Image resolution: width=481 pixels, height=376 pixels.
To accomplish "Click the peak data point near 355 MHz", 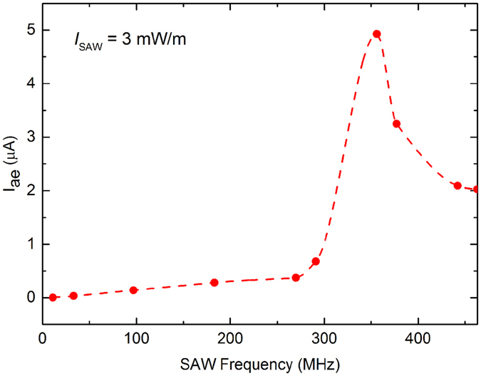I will [377, 34].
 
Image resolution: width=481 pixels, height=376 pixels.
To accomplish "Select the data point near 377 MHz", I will [396, 124].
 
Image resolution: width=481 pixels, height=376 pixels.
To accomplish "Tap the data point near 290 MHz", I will [316, 261].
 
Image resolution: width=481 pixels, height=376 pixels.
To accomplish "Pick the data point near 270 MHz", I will [296, 278].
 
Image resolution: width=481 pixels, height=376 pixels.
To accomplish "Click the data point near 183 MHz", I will [214, 283].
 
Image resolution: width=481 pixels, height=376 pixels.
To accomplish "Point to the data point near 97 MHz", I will [133, 291].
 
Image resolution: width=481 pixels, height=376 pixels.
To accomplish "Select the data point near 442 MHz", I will [457, 186].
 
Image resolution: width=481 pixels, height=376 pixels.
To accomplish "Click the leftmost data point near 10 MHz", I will [53, 297].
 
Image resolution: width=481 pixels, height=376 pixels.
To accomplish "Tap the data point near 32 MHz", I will [73, 296].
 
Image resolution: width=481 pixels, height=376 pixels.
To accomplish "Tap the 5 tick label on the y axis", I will [29, 31].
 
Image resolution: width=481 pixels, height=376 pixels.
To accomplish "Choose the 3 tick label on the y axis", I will [29, 137].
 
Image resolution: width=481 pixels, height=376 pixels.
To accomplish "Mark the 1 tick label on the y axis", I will [29, 244].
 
